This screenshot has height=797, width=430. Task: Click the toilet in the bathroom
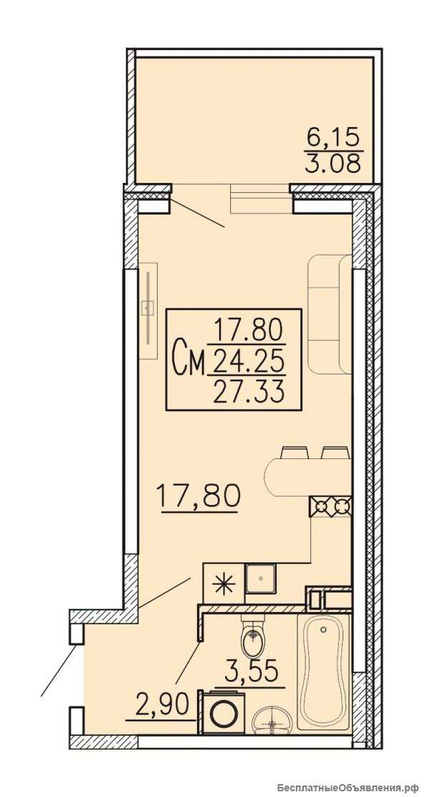point(252,637)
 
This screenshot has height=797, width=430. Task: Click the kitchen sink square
point(260,579)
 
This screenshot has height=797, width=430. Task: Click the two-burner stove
point(330,506)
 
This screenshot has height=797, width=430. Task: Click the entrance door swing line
point(60,669)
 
